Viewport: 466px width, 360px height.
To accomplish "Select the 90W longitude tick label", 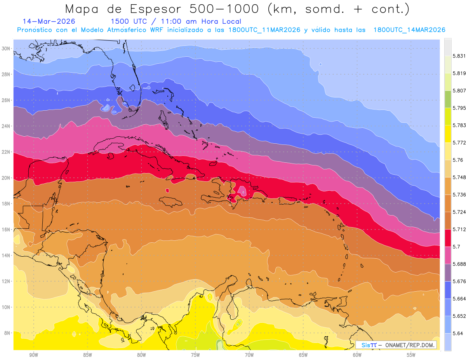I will click(x=33, y=355).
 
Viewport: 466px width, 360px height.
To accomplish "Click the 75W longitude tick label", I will click(x=195, y=355).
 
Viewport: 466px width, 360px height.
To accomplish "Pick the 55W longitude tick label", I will click(x=411, y=355).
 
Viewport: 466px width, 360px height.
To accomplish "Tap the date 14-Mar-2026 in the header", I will click(x=49, y=21).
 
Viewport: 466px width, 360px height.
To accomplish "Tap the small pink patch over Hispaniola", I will click(x=242, y=191).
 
